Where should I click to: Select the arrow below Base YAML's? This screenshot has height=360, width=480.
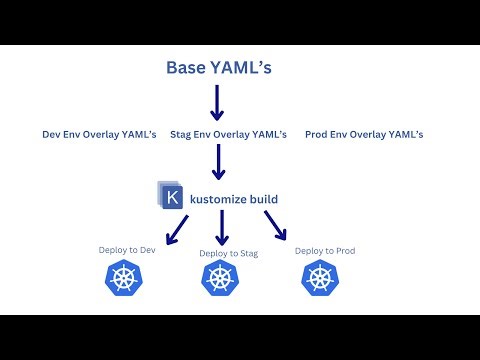click(217, 102)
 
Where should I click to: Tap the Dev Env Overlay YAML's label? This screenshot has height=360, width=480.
click(98, 134)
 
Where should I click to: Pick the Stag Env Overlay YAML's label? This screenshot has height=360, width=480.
click(228, 134)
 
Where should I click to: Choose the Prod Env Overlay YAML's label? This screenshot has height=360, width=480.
click(364, 134)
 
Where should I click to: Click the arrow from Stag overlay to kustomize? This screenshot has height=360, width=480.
click(217, 162)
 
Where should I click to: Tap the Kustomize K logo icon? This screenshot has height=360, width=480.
click(172, 197)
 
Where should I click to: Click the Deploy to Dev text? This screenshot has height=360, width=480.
click(128, 250)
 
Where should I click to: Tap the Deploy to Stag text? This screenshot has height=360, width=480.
click(228, 253)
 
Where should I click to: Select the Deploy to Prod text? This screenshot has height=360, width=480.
click(325, 250)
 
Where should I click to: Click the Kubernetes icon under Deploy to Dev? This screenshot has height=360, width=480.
click(126, 280)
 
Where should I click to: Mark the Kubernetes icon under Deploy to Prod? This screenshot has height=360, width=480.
click(323, 280)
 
